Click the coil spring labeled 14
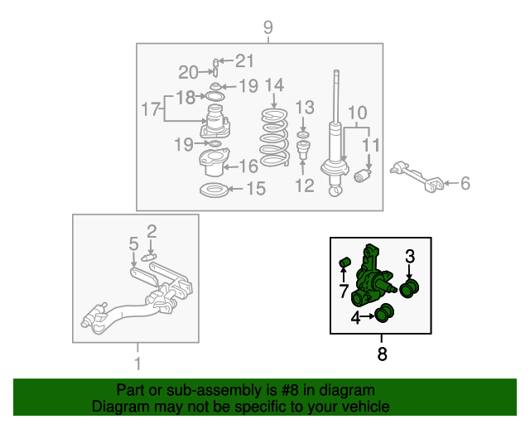click(274, 137)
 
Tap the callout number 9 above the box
click(267, 27)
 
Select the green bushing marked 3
click(409, 289)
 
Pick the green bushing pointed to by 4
click(384, 313)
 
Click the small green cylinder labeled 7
click(344, 263)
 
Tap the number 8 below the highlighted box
click(382, 354)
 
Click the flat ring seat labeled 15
click(214, 190)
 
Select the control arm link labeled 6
click(417, 176)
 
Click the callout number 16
click(248, 166)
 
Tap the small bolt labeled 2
click(147, 258)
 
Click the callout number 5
click(134, 243)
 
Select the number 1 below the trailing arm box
click(137, 364)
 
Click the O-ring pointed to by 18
click(215, 97)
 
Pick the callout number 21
click(244, 60)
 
